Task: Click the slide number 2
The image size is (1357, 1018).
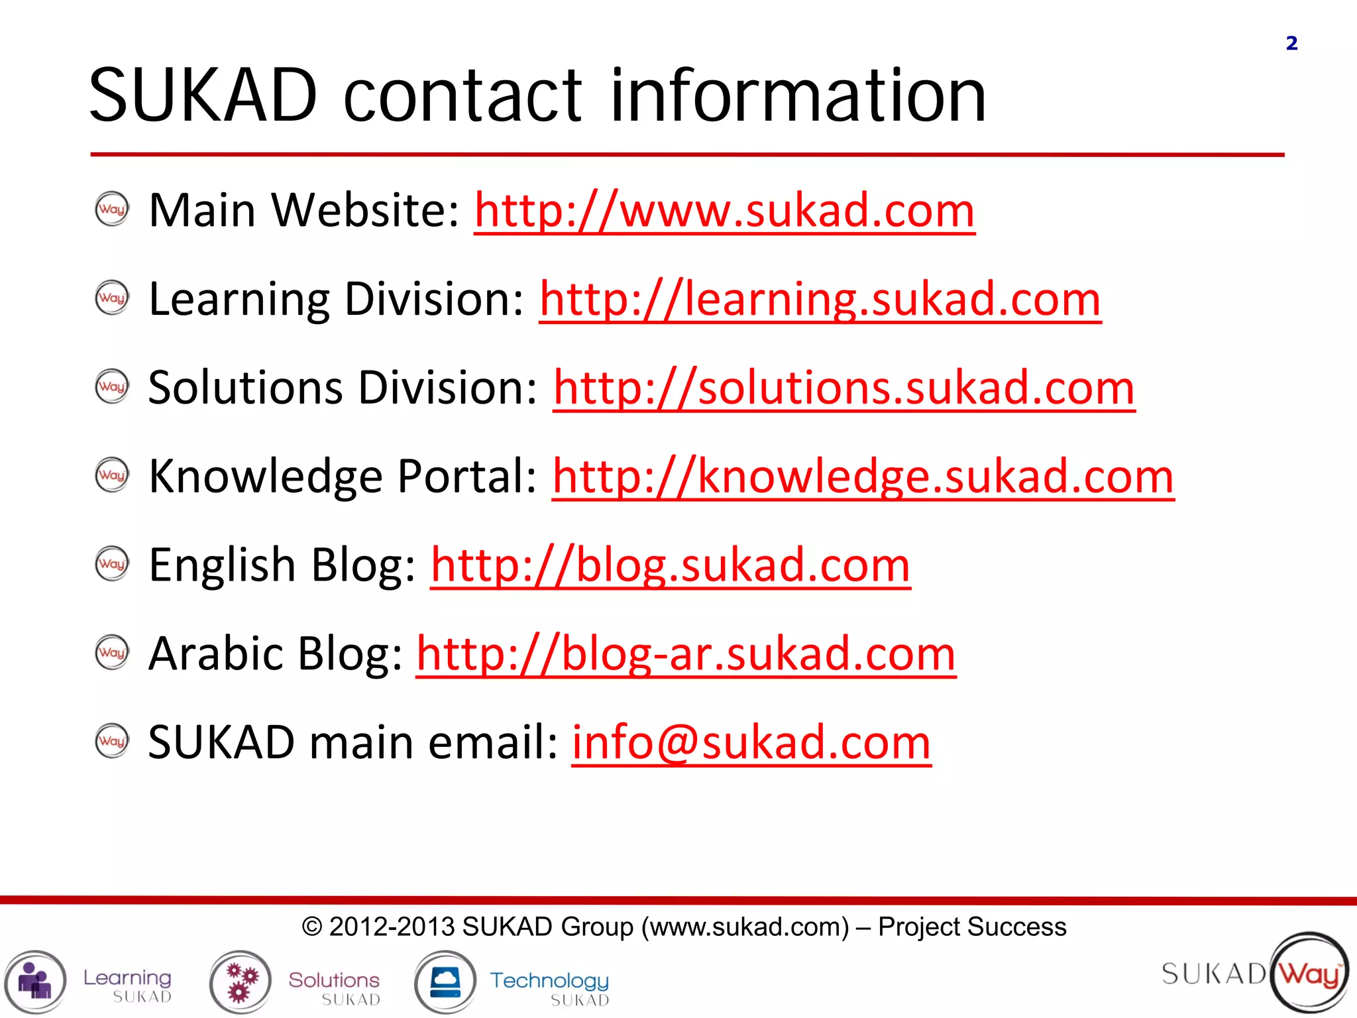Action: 1291,44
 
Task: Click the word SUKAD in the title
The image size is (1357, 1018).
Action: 203,96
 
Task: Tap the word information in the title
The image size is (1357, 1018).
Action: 798,96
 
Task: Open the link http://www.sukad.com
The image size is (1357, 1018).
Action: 724,211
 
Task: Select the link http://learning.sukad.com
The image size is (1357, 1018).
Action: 820,300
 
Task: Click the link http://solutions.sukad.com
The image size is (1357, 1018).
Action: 843,388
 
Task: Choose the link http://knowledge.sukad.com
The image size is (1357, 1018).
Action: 863,477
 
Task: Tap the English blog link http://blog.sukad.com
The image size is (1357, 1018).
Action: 670,566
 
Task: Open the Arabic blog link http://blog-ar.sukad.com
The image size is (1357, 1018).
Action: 686,655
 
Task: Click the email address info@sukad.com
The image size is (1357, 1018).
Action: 751,743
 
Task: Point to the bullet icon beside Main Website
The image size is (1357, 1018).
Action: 112,209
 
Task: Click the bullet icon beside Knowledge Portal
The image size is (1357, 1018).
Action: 112,475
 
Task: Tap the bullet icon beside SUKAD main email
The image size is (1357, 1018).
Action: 112,741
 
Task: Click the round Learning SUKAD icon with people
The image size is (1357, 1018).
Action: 35,982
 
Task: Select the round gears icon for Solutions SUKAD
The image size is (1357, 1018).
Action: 241,982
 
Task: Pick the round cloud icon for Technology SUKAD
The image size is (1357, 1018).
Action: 445,982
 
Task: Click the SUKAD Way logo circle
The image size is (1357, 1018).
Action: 1309,973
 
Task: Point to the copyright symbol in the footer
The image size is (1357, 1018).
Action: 311,927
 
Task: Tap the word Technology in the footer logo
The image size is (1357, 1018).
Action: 549,980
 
